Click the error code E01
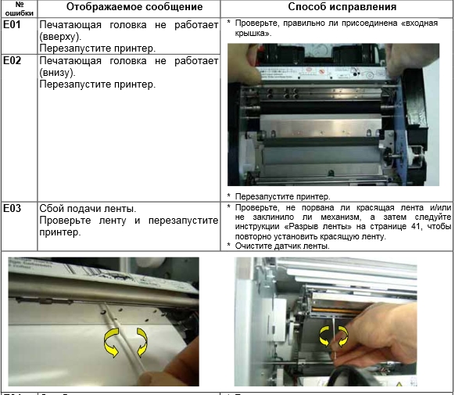tap(12, 25)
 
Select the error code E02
tap(12, 61)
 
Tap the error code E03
tap(12, 208)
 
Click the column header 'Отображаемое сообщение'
tap(134, 7)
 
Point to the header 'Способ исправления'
tap(342, 7)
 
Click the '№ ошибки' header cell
tap(19, 9)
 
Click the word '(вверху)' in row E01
tap(60, 37)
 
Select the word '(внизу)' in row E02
tap(57, 73)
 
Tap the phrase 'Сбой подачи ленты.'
tap(88, 209)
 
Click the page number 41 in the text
tap(416, 226)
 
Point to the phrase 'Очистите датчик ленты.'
tap(282, 246)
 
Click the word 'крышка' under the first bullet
tap(253, 34)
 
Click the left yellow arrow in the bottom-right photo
tap(323, 335)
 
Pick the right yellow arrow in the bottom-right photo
tap(344, 335)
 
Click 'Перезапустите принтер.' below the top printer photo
tap(283, 197)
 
